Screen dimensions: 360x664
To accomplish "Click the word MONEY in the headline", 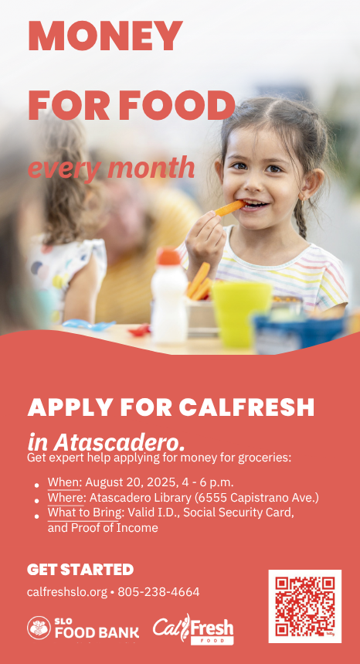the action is (x=105, y=36).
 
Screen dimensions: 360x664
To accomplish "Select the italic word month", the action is (x=151, y=167).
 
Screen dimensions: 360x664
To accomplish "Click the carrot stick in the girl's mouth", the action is (x=230, y=208).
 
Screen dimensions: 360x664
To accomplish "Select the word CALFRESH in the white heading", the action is (x=246, y=407).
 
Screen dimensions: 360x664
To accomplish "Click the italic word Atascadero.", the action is (x=119, y=443).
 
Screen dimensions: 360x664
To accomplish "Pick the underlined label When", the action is (x=64, y=482).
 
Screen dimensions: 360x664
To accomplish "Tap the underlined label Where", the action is (x=66, y=498).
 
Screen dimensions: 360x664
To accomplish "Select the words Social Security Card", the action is (x=239, y=512).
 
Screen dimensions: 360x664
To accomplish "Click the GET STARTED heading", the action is (x=80, y=570).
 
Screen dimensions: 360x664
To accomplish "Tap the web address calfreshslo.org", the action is (x=67, y=592).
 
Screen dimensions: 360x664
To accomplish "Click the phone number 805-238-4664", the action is (x=158, y=591).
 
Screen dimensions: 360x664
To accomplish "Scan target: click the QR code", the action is (x=305, y=606).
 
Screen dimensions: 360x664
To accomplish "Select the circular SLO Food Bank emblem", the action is (x=39, y=628).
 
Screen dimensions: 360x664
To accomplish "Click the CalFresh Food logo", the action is (x=193, y=629).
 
